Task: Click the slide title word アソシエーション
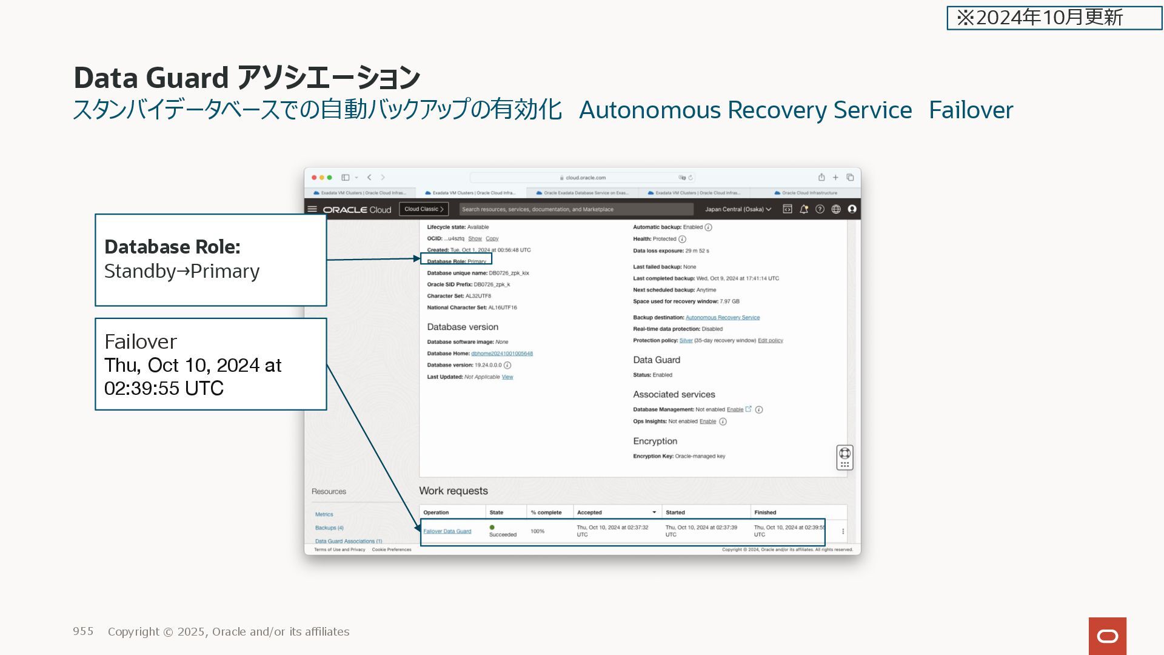(x=328, y=78)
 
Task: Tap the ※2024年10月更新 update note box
(x=1054, y=18)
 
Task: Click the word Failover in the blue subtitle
(x=971, y=110)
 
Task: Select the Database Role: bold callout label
(x=172, y=247)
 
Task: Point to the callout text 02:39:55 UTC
(x=164, y=388)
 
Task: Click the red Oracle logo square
(x=1107, y=636)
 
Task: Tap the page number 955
(x=83, y=631)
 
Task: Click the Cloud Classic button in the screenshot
(x=424, y=209)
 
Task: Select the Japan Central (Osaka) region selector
(x=738, y=209)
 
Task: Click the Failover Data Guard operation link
(x=447, y=531)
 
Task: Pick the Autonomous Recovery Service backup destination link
(x=722, y=318)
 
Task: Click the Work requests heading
(x=453, y=491)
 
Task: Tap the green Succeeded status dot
(x=492, y=528)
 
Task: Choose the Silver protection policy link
(x=686, y=341)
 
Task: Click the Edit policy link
(x=770, y=341)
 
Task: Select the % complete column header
(x=546, y=512)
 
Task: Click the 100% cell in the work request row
(x=537, y=531)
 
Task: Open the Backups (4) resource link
(x=329, y=528)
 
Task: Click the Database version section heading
(x=463, y=327)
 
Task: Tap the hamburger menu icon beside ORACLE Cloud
(x=312, y=209)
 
